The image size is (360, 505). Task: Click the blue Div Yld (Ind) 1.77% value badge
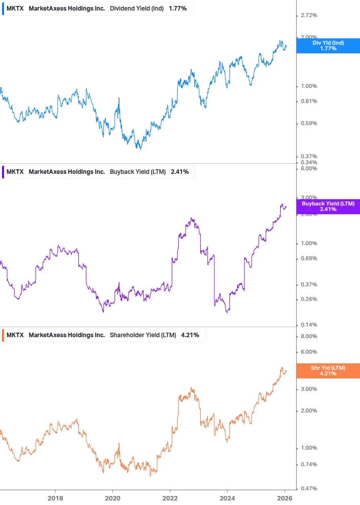click(328, 46)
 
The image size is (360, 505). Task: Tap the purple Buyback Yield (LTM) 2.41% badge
click(328, 206)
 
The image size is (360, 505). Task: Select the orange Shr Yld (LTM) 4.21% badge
click(328, 371)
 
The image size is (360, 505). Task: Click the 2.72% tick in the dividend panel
click(308, 16)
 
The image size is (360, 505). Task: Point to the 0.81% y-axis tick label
click(308, 101)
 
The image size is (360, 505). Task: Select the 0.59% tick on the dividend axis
click(308, 124)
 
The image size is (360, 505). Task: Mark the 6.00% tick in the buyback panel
click(308, 169)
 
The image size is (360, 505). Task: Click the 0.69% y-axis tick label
click(308, 259)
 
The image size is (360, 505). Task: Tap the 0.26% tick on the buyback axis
click(308, 299)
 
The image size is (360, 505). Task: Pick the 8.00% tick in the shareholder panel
click(308, 337)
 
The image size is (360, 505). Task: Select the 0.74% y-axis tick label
click(308, 464)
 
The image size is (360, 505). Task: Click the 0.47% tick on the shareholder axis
click(308, 488)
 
